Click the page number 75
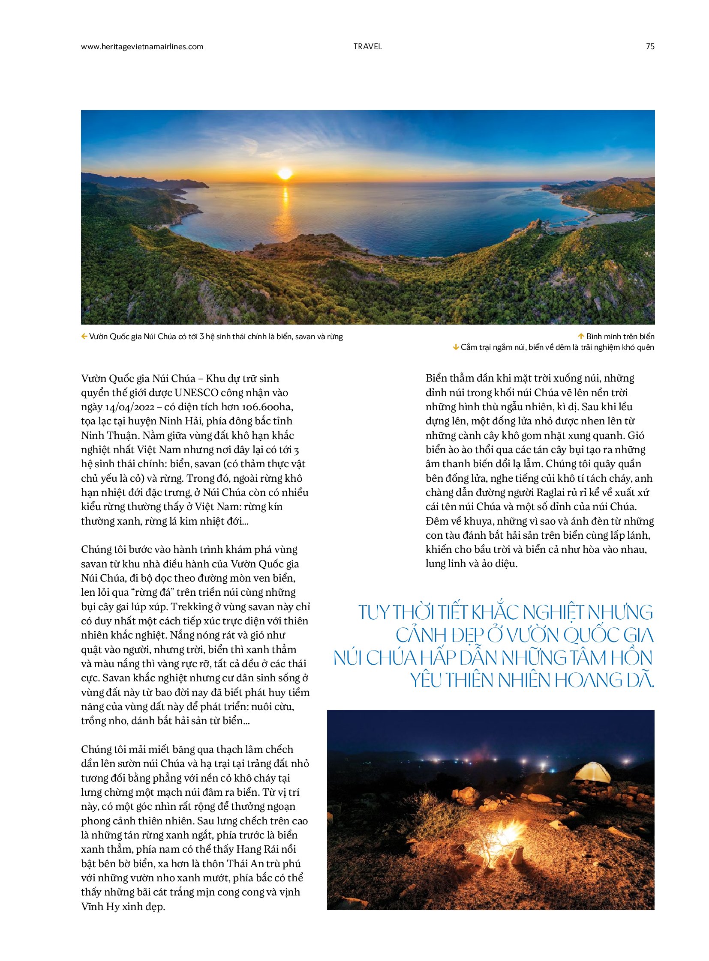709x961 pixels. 650,47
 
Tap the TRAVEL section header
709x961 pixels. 367,47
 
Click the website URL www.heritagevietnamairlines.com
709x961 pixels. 142,47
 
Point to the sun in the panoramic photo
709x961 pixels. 285,174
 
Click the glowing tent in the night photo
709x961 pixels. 593,773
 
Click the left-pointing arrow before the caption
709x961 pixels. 84,337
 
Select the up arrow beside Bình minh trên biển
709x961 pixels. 582,337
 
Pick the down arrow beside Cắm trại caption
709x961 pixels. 456,347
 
